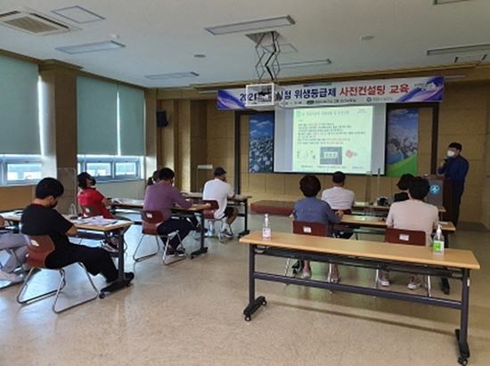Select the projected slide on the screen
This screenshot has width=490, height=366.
click(332, 139)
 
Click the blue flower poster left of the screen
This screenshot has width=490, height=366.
click(262, 142)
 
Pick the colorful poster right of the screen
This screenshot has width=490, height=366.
click(402, 142)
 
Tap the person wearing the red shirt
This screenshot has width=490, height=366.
click(92, 197)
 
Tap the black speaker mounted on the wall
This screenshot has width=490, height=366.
click(161, 118)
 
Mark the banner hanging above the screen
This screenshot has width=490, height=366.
click(331, 92)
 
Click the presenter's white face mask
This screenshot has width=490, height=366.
click(452, 153)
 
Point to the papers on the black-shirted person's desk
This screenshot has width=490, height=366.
click(99, 221)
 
